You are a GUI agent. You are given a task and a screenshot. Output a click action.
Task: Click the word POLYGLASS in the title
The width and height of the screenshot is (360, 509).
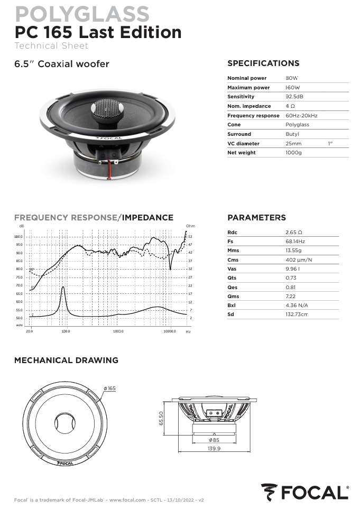pyautogui.click(x=82, y=14)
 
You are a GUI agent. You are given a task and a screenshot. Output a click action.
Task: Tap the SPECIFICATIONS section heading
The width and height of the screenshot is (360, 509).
pyautogui.click(x=263, y=63)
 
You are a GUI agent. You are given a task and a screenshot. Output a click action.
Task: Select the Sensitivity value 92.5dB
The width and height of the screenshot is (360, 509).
pyautogui.click(x=294, y=97)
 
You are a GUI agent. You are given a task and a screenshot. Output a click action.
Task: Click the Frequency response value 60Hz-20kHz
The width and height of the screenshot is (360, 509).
pyautogui.click(x=301, y=115)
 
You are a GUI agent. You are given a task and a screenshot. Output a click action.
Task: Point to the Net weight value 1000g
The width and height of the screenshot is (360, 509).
pyautogui.click(x=293, y=153)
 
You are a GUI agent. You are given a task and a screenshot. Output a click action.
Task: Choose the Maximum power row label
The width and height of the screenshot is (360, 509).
pyautogui.click(x=248, y=88)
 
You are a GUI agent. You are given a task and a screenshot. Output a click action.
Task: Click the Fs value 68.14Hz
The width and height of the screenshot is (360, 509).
pyautogui.click(x=295, y=241)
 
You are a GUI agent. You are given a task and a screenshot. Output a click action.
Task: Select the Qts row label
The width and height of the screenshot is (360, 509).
pyautogui.click(x=232, y=278)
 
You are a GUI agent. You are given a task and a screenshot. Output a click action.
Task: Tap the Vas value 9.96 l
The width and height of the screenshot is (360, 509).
pyautogui.click(x=292, y=269)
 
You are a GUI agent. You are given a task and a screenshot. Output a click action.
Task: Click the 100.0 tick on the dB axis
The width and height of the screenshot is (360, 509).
pyautogui.click(x=19, y=237)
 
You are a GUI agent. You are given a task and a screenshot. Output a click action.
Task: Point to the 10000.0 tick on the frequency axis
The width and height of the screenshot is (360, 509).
pyautogui.click(x=169, y=331)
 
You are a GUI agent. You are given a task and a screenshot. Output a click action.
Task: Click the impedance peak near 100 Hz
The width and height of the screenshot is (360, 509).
pyautogui.click(x=63, y=288)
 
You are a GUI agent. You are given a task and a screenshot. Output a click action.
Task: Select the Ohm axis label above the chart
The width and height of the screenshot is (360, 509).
pyautogui.click(x=190, y=226)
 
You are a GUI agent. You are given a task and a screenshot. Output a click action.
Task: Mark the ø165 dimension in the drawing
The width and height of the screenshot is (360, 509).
pyautogui.click(x=109, y=388)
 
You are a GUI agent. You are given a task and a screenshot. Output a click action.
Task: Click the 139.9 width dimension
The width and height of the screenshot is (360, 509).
pyautogui.click(x=214, y=448)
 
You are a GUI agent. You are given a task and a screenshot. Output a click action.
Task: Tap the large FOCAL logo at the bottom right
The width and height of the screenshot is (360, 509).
pyautogui.click(x=305, y=493)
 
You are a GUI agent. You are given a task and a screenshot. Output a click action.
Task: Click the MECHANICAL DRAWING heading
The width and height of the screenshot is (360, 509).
pyautogui.click(x=66, y=360)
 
